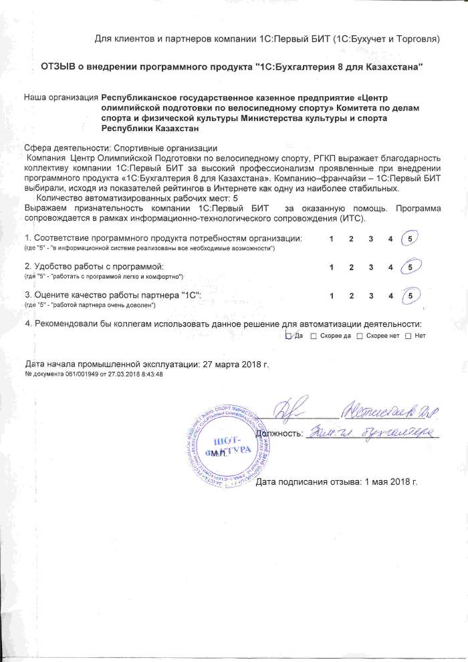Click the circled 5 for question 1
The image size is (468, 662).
click(x=409, y=239)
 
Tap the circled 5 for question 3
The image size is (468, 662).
click(x=409, y=294)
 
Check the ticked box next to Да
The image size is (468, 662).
click(x=289, y=335)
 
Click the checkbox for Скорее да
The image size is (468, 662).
click(x=314, y=335)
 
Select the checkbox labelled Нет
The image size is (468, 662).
click(x=408, y=335)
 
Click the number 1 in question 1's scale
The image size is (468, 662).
click(x=332, y=239)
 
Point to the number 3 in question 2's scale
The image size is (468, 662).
click(x=370, y=267)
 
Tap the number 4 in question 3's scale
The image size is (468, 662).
click(x=390, y=294)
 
